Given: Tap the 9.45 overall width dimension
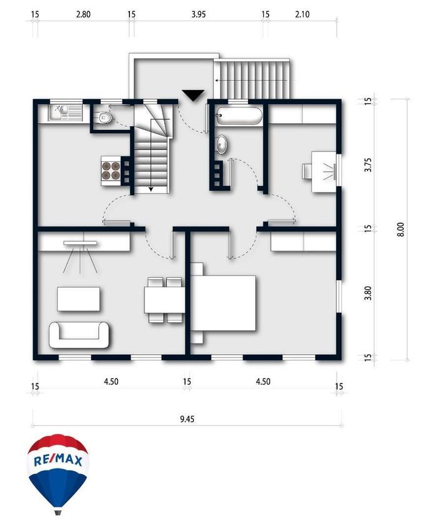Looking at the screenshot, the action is point(187,419).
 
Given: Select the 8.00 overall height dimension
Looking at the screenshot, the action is point(401,229).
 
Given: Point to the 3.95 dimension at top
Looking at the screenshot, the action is point(198,14).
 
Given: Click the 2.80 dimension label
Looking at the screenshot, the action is point(83,14).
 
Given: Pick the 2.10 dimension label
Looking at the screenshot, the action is point(302,14).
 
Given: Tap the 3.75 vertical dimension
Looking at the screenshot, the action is point(368,164).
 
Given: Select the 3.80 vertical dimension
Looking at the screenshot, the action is point(368,293).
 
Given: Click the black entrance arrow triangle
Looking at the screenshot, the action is point(193,95).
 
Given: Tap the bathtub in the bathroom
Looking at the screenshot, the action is point(239,116).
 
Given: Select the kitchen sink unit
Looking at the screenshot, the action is point(65,113).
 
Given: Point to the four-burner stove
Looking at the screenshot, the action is point(111,171).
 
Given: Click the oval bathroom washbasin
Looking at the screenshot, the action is point(222,144).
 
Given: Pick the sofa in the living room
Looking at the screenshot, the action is point(79,335).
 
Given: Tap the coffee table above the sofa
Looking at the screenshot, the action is point(79,299).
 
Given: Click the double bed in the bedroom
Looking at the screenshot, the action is point(223,303).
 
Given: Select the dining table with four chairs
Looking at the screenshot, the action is point(164,300).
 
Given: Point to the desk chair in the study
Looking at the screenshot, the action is point(307,171).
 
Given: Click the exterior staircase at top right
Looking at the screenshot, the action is point(252,79).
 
